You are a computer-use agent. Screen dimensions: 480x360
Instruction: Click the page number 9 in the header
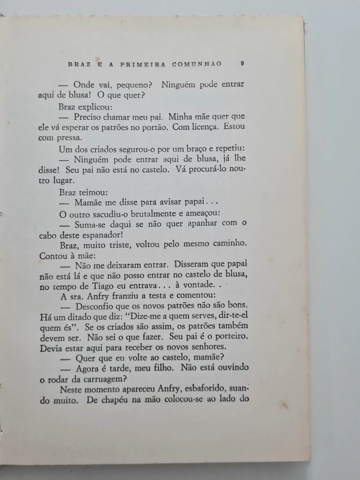(x=241, y=64)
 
